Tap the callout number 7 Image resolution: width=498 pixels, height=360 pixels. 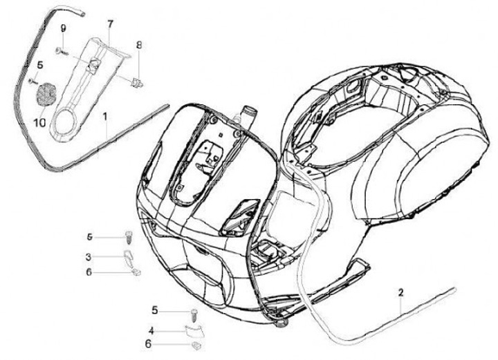click(x=109, y=24)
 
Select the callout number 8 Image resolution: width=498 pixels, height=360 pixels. click(x=138, y=46)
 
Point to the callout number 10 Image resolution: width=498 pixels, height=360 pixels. click(x=39, y=122)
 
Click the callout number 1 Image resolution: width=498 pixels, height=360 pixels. click(x=106, y=118)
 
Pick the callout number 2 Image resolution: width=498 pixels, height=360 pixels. click(x=400, y=294)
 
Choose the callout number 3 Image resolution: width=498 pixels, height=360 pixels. click(x=89, y=257)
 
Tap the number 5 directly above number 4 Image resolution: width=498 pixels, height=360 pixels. click(x=155, y=310)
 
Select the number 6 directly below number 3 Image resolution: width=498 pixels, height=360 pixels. click(x=89, y=272)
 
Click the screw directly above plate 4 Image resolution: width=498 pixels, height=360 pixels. click(x=194, y=312)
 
